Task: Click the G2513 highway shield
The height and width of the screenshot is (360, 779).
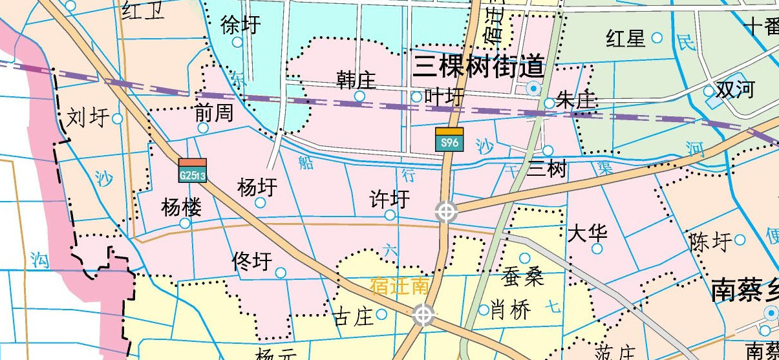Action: pos(193,171)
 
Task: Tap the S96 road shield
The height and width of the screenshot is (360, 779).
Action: pos(449,140)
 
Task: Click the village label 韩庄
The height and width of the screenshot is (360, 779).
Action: pos(356,80)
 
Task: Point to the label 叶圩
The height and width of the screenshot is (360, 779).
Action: pos(445,97)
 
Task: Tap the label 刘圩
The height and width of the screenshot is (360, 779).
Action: pos(87,118)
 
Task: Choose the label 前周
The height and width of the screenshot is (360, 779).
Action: pos(214,114)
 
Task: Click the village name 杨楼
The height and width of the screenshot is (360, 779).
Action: pos(182,207)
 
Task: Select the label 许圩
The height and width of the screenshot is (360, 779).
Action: pos(389,198)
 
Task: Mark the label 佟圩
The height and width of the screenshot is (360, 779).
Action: pos(251,262)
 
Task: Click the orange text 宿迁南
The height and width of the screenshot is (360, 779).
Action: pos(400,286)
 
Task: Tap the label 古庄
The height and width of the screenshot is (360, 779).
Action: pos(353,317)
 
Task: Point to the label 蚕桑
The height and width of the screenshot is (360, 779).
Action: pos(522,276)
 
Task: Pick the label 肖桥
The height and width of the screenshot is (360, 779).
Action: pos(511,310)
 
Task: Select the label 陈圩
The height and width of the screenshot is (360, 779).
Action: pos(710,242)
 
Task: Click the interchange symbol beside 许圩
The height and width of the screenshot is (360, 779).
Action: pos(446,211)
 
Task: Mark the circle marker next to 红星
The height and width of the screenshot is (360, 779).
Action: pos(657,37)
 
